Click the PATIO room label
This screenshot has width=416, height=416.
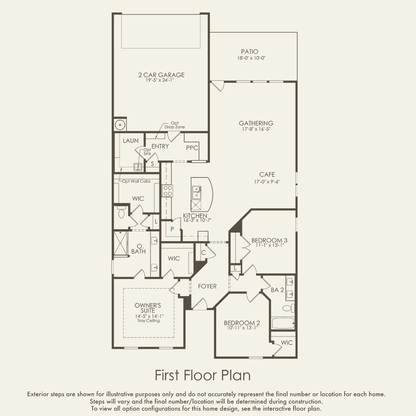(x=250, y=52)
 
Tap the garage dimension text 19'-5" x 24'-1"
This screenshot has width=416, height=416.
(x=160, y=80)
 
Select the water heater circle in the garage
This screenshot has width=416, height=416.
(x=120, y=125)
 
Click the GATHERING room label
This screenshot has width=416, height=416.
(x=256, y=123)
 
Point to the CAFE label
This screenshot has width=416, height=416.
(x=267, y=174)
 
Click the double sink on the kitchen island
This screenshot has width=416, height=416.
(x=197, y=192)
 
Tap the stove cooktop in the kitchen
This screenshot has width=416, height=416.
(x=167, y=191)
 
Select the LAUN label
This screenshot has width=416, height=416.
(x=131, y=141)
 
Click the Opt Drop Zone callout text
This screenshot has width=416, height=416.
(x=175, y=125)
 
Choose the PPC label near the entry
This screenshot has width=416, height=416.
(x=192, y=148)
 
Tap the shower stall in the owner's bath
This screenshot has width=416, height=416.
(x=121, y=244)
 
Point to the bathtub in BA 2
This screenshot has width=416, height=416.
(x=283, y=323)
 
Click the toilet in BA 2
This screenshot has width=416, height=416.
(x=289, y=308)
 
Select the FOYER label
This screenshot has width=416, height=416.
(x=207, y=286)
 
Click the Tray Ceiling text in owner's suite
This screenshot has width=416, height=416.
(x=149, y=321)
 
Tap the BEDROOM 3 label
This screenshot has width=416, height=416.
(x=269, y=240)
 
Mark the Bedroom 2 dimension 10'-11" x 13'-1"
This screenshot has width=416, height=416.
(x=243, y=328)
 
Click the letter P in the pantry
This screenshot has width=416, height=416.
(x=172, y=229)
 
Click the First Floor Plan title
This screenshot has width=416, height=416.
(x=203, y=375)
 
